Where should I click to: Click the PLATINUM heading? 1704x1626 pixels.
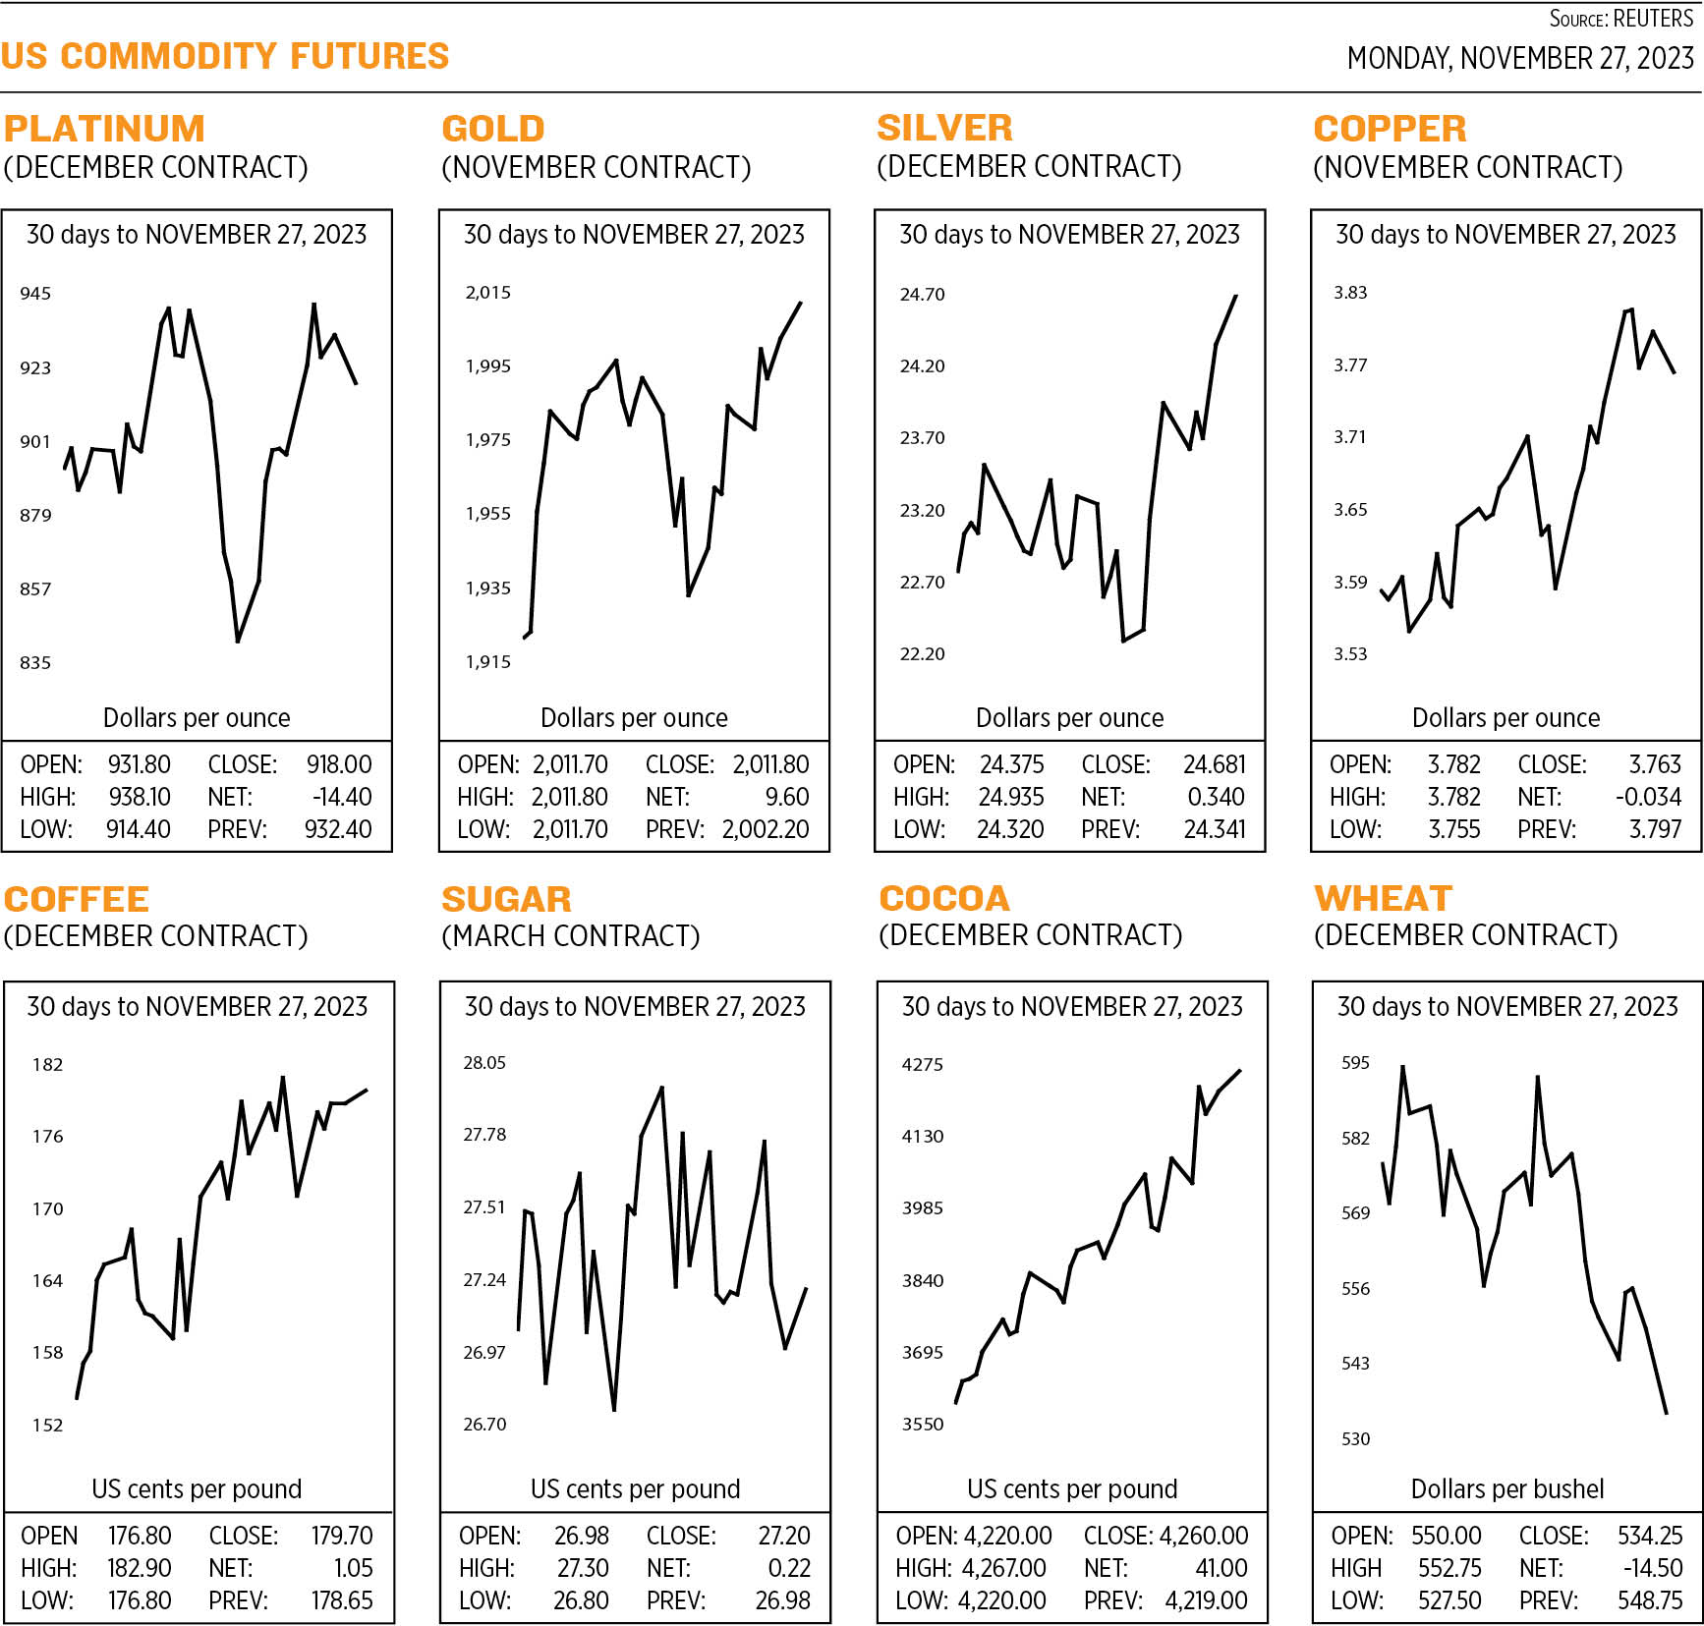tap(104, 129)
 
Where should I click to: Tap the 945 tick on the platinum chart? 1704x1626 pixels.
tap(35, 294)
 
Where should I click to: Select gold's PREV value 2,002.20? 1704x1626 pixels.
tap(766, 829)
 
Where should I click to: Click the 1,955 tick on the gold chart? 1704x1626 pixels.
tap(488, 514)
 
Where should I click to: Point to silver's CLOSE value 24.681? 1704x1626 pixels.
tap(1214, 764)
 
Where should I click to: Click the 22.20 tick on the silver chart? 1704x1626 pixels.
tap(922, 654)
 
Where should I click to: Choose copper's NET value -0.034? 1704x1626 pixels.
tap(1648, 797)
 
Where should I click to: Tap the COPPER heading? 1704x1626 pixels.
tap(1390, 129)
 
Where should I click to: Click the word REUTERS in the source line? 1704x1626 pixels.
tap(1653, 19)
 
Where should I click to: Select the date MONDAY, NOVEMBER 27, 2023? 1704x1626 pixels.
tap(1519, 59)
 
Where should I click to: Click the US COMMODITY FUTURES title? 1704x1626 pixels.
tap(225, 56)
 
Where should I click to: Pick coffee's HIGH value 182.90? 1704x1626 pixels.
tap(139, 1568)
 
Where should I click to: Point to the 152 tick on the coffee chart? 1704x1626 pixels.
tap(47, 1426)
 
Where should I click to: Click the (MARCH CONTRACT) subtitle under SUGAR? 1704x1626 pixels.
tap(570, 936)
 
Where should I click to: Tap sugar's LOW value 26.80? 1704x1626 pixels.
tap(581, 1600)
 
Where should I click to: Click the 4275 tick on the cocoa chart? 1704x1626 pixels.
tap(922, 1065)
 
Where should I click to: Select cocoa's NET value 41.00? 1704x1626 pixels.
tap(1221, 1568)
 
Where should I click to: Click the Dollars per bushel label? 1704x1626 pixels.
tap(1506, 1489)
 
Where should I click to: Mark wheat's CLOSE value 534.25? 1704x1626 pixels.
tap(1650, 1536)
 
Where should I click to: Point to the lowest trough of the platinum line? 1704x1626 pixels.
tap(238, 642)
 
